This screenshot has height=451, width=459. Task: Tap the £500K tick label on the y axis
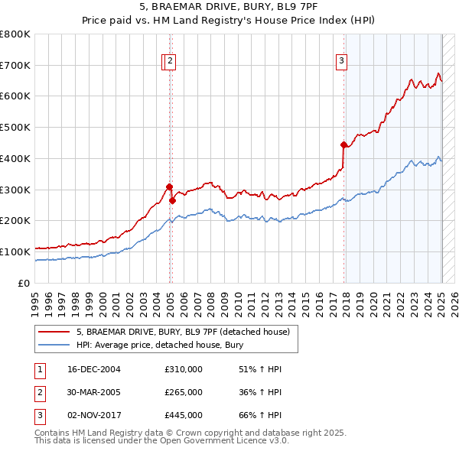15,127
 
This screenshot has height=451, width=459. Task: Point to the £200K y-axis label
15,220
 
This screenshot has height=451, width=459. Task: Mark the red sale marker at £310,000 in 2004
169,187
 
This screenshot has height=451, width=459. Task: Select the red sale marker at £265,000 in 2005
172,200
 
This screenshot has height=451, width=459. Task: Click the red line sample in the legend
54,333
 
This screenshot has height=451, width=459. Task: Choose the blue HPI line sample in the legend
54,345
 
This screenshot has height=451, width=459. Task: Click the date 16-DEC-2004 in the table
94,369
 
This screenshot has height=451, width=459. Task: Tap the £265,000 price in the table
184,392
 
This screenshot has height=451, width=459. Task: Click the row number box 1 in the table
40,369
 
